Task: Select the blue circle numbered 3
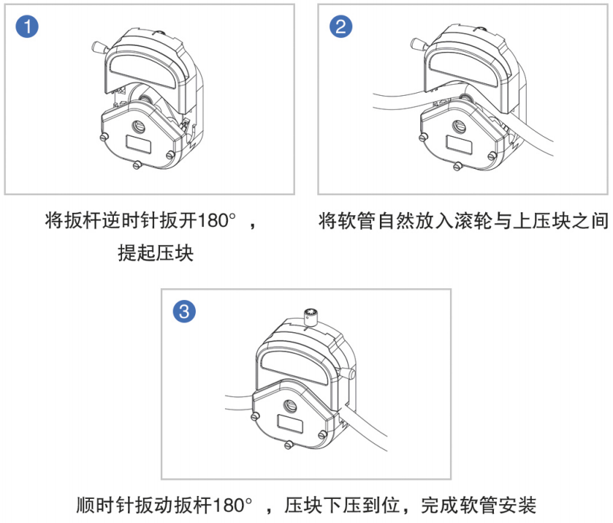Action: (184, 312)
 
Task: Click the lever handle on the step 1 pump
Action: (96, 47)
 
